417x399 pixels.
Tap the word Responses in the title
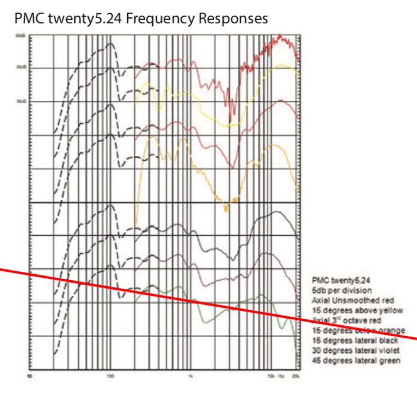[230, 19]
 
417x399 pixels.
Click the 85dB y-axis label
[20, 67]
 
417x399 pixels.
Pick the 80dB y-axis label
[20, 101]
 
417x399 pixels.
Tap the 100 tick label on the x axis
[110, 377]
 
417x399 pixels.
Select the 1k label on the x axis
[190, 377]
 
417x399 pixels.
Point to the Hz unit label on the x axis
[282, 377]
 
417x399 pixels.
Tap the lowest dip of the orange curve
[226, 209]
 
